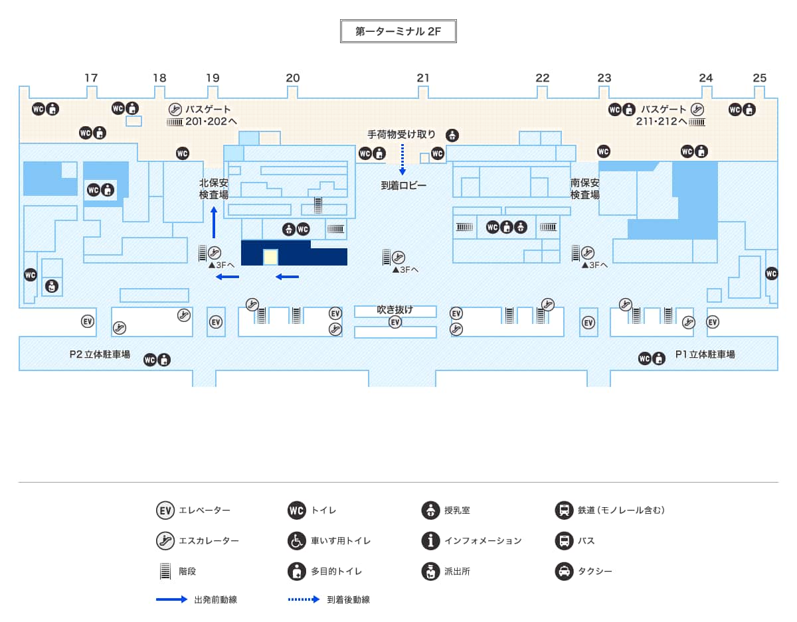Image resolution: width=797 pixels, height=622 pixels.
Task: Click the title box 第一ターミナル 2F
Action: pyautogui.click(x=398, y=31)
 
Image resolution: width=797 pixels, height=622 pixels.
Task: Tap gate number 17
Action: pyautogui.click(x=91, y=78)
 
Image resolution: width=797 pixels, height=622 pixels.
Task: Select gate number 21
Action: pyautogui.click(x=423, y=78)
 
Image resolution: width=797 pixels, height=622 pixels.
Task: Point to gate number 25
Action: pyautogui.click(x=760, y=78)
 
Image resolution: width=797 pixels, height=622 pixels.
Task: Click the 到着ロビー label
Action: pyautogui.click(x=403, y=185)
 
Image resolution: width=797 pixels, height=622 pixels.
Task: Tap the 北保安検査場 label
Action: pyautogui.click(x=213, y=189)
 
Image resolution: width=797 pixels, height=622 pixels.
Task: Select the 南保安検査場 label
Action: pyautogui.click(x=584, y=189)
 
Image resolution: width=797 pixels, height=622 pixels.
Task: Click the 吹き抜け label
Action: pyautogui.click(x=395, y=309)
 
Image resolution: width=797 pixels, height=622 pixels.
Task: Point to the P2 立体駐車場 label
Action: pyautogui.click(x=100, y=354)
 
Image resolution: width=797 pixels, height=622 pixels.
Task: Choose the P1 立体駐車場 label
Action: pyautogui.click(x=705, y=354)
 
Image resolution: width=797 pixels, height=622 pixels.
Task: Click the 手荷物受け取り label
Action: pyautogui.click(x=402, y=135)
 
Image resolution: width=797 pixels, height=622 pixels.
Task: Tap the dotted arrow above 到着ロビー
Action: pyautogui.click(x=402, y=160)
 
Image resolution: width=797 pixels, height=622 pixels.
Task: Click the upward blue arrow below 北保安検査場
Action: pyautogui.click(x=214, y=222)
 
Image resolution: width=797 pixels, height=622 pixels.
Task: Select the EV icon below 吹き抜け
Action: pyautogui.click(x=395, y=322)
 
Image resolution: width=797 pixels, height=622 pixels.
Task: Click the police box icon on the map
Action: pyautogui.click(x=52, y=286)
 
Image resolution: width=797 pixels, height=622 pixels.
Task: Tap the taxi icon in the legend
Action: pyautogui.click(x=564, y=571)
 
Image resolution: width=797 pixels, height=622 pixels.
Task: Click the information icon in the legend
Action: pyautogui.click(x=430, y=540)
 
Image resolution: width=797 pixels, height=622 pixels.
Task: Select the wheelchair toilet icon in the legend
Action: pyautogui.click(x=296, y=540)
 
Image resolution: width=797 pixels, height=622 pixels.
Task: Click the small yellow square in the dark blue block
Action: pyautogui.click(x=270, y=257)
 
